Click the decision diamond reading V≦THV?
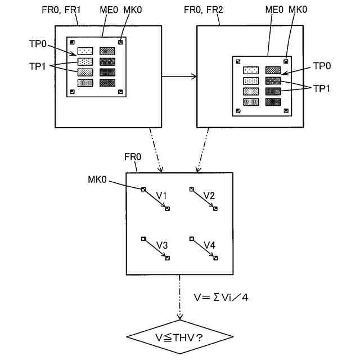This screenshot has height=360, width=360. (x=180, y=337)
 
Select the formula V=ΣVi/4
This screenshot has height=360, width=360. (x=221, y=298)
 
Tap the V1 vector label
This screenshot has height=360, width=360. (x=161, y=196)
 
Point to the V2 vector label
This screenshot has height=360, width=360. (x=209, y=196)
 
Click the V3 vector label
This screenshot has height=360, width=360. (x=162, y=245)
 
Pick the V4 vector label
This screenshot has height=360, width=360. (x=210, y=245)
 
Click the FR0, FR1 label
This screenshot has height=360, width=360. (x=61, y=10)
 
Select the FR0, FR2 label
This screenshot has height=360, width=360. (x=204, y=10)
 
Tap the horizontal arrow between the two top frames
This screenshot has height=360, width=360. (x=179, y=76)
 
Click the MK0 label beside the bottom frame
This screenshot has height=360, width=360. (x=97, y=179)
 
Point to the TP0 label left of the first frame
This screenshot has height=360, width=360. (x=38, y=44)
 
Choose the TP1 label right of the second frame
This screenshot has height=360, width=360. (x=321, y=88)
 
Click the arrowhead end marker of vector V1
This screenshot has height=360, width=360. (x=168, y=209)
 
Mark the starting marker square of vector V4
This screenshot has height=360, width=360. (x=191, y=238)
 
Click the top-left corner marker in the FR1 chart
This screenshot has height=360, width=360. (x=73, y=42)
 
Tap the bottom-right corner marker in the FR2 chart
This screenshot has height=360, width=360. (x=286, y=111)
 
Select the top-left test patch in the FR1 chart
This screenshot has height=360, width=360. (x=85, y=51)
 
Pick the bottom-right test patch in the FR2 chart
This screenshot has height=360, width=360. (x=273, y=102)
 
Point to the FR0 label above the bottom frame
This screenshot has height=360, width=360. (x=133, y=157)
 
